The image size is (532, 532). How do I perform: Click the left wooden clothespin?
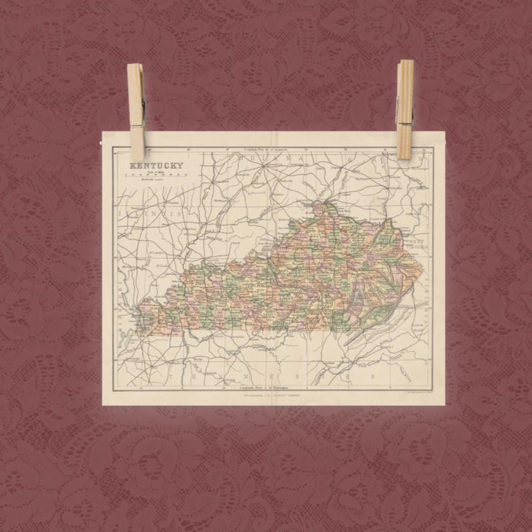[136, 111]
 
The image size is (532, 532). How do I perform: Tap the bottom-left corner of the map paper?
[103, 405]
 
